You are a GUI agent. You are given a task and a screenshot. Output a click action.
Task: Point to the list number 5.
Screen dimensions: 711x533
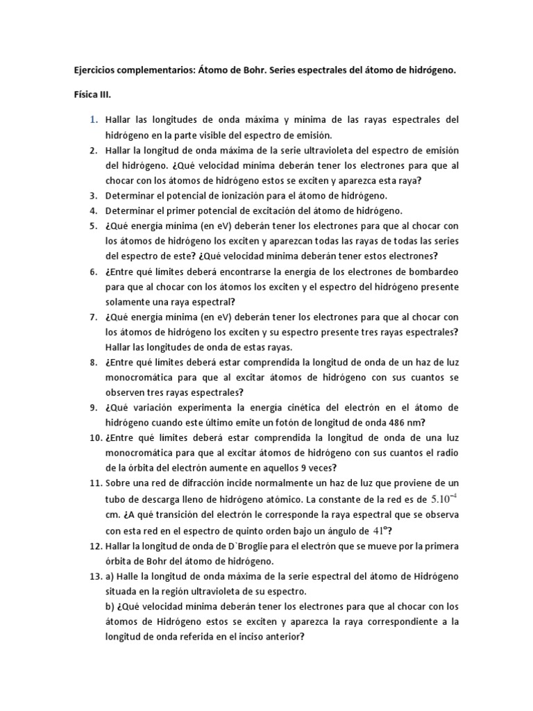coord(96,226)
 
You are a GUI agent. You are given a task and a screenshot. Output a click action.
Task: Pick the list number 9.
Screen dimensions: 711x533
coord(96,407)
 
